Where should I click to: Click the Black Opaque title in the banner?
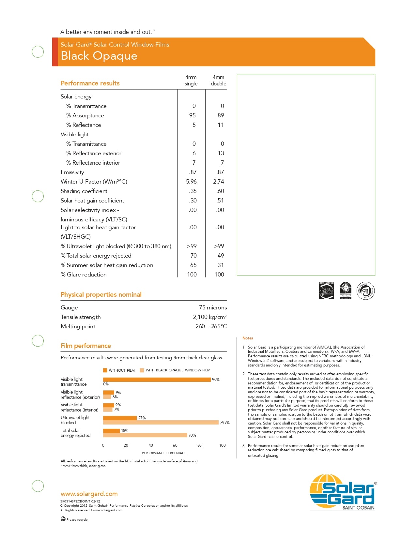(x=99, y=56)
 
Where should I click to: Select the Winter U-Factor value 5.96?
(x=191, y=182)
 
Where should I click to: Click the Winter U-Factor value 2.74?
(x=219, y=182)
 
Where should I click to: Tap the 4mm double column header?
(x=218, y=81)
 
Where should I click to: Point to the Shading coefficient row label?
(x=84, y=191)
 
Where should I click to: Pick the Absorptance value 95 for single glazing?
(x=193, y=115)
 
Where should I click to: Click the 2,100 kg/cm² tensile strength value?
(x=210, y=317)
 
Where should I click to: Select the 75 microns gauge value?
(x=213, y=307)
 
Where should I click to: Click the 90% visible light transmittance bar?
(x=157, y=380)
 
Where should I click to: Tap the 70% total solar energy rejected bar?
(x=145, y=435)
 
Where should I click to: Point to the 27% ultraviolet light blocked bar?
(x=120, y=418)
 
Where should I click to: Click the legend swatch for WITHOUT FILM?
(x=105, y=370)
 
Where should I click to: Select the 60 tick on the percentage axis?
(x=175, y=445)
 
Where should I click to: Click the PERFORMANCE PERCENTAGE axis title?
(x=164, y=453)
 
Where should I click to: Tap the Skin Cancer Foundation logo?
(x=326, y=291)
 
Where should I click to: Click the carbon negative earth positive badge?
(x=365, y=291)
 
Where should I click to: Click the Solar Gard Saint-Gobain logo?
(x=343, y=492)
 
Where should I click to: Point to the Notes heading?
(x=248, y=338)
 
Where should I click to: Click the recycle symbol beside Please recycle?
(x=63, y=519)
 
